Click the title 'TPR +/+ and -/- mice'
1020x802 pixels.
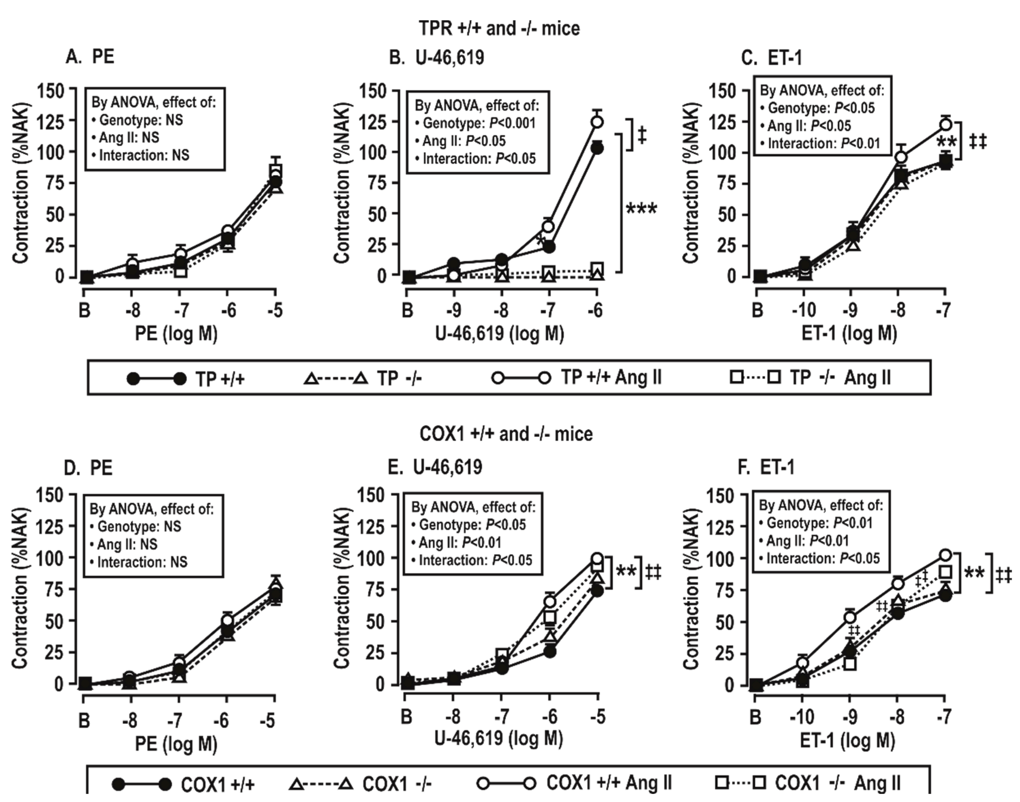499,29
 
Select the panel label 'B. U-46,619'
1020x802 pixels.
437,58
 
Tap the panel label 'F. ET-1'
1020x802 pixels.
766,468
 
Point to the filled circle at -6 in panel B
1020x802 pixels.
597,149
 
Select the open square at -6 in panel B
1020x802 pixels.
597,269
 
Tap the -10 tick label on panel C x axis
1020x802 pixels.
803,310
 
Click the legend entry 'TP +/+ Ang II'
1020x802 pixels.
611,377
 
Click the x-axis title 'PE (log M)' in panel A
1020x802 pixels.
176,334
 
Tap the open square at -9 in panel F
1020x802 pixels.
850,664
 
